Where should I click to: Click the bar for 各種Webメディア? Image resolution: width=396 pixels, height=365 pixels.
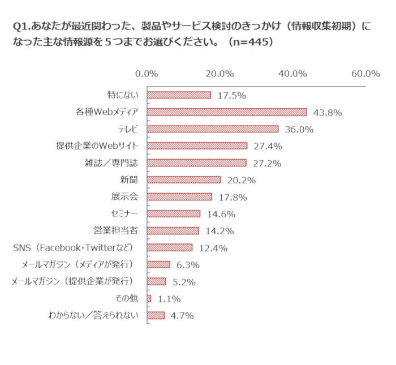coord(227,112)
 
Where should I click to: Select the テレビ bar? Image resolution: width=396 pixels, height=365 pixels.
coord(213,129)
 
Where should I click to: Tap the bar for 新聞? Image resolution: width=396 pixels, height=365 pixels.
coord(184,180)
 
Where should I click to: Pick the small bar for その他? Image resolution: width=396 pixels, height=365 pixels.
coord(149,298)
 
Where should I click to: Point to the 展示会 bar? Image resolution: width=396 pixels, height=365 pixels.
coord(179,197)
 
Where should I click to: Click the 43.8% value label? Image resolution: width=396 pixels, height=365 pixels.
coord(328,113)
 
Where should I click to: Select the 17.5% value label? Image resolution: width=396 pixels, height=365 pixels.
coord(231,96)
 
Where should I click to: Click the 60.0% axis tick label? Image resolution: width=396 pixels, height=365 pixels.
coord(365,74)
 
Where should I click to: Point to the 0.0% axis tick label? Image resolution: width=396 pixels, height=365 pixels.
coord(147,74)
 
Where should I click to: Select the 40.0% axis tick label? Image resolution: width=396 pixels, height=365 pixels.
coord(292,74)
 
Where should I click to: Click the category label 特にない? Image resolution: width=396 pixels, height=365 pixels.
coord(123,95)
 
